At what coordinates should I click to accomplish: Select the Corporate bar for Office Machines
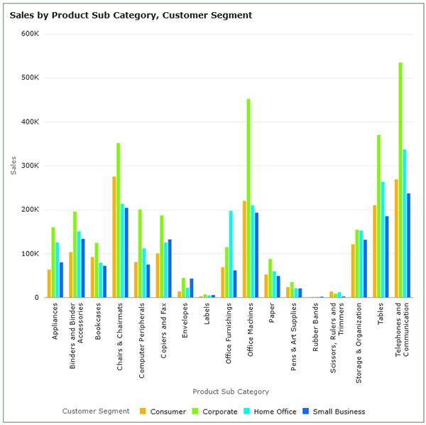[248, 198]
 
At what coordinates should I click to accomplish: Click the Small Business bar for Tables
[387, 257]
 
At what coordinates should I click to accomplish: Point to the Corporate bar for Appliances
[53, 262]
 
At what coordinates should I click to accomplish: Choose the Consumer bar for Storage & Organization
[353, 271]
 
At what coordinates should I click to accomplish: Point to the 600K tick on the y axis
[29, 33]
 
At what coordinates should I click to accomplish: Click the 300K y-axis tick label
[29, 166]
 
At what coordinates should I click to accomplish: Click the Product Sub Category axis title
[231, 391]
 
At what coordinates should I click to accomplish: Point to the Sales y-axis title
[13, 165]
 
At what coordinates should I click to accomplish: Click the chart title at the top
[131, 14]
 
